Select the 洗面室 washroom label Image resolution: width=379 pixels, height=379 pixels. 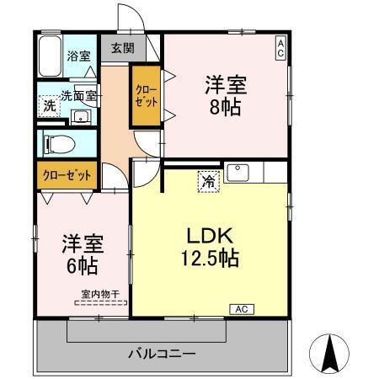pos(79,96)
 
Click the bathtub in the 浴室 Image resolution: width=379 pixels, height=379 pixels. pos(50,57)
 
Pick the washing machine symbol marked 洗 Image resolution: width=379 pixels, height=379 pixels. pos(49,107)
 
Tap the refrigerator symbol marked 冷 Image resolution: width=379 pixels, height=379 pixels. pos(206,180)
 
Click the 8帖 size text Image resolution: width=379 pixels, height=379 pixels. pos(224,107)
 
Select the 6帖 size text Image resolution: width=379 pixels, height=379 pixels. pos(82,266)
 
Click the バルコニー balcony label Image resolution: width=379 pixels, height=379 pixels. pos(162,352)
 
